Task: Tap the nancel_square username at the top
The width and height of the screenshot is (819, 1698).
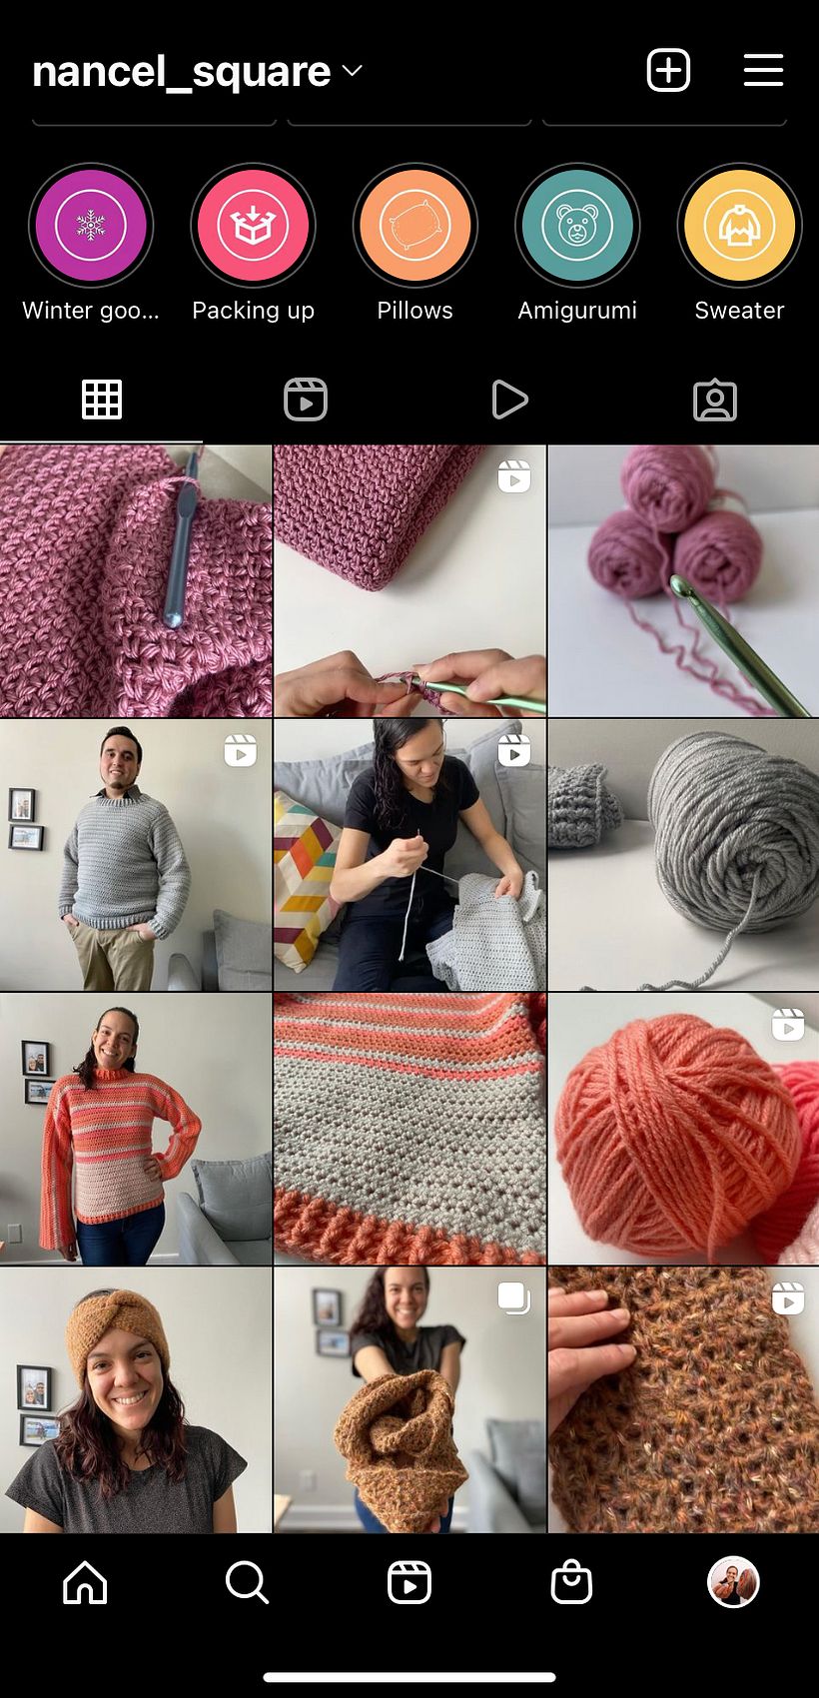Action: click(181, 73)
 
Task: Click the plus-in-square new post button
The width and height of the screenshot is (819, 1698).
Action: click(668, 71)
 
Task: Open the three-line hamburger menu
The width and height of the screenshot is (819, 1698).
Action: click(763, 71)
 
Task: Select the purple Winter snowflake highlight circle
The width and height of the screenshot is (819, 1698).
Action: click(91, 226)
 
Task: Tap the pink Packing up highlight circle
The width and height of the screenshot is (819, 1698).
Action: click(254, 226)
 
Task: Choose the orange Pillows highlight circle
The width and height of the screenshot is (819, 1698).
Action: click(414, 226)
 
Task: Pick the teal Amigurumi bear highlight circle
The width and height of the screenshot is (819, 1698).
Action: click(577, 226)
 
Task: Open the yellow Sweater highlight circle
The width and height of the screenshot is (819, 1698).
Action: click(739, 226)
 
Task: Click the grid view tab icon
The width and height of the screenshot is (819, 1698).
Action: click(102, 400)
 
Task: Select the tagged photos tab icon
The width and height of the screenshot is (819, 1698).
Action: click(715, 400)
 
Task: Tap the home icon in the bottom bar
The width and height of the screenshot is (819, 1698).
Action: click(85, 1583)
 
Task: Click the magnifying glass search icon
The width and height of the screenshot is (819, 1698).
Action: click(248, 1583)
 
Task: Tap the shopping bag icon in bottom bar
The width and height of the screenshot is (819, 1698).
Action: click(571, 1582)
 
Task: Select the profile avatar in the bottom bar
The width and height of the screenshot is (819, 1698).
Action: click(733, 1582)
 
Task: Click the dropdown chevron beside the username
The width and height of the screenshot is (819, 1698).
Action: click(352, 71)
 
